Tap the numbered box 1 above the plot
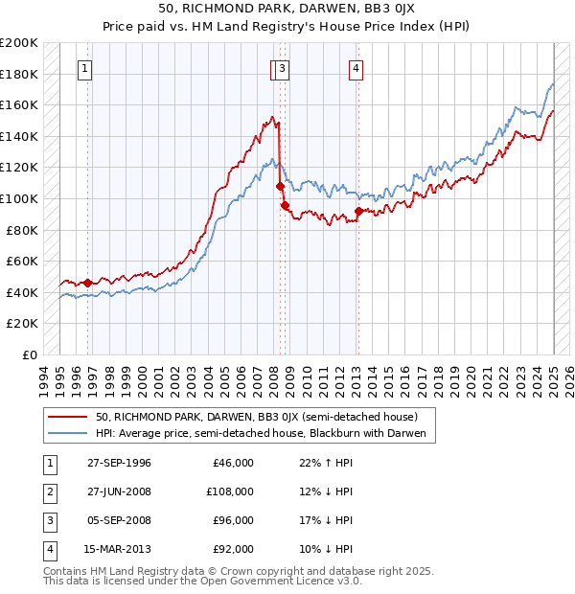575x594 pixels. [x=86, y=67]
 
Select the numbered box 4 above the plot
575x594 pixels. [x=356, y=67]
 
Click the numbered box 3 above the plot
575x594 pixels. [x=284, y=67]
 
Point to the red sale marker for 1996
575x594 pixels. [x=87, y=283]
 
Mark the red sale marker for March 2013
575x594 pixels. [x=357, y=211]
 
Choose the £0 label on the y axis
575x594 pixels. [x=29, y=354]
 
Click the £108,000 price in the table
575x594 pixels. [x=230, y=491]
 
